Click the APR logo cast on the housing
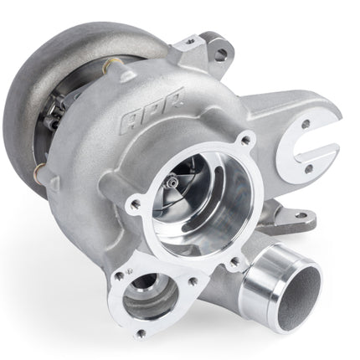pos(152,107)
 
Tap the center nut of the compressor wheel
pos(172,183)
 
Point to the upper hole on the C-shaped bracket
pos(306,124)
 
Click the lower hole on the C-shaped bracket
pos(309,169)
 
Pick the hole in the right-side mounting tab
pos(301,215)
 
